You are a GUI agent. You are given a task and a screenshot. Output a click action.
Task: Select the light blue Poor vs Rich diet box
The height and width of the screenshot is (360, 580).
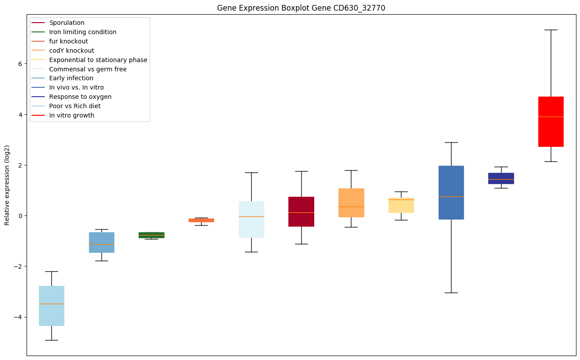point(51,306)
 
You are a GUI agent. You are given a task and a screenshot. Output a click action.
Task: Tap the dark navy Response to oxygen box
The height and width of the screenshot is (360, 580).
point(501,178)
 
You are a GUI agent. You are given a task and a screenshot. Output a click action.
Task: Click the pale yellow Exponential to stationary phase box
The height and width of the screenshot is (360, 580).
point(401,205)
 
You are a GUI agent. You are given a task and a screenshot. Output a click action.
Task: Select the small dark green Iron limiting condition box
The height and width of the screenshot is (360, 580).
point(151,235)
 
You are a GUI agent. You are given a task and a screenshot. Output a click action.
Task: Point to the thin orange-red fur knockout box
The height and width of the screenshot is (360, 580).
point(201,220)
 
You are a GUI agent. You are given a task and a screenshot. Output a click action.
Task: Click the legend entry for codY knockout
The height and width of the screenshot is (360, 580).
point(71,51)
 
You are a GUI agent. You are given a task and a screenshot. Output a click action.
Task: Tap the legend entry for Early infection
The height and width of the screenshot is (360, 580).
point(71,78)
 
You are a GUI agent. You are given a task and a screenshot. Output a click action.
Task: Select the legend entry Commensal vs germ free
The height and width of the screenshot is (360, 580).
point(88,69)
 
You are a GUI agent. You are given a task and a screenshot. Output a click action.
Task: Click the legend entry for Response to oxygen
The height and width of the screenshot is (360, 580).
point(80,97)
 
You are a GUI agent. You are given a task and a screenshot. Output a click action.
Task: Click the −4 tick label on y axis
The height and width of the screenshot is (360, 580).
point(18,317)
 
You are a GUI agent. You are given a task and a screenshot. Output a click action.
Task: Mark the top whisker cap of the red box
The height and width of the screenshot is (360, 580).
point(550,30)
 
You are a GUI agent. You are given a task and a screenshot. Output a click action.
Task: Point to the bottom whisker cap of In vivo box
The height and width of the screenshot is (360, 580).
point(451,293)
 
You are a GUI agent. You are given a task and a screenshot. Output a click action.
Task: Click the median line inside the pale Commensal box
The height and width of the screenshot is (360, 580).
point(251,216)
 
